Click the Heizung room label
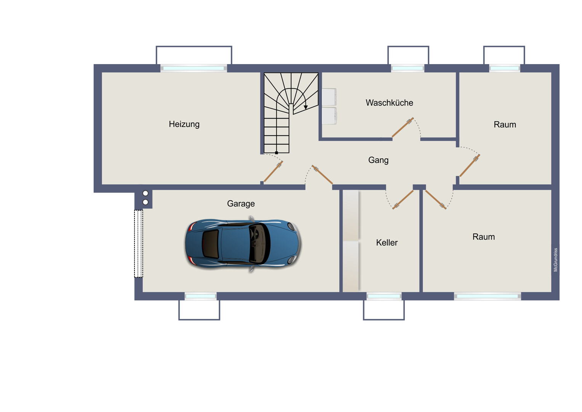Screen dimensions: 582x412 [x=184, y=124]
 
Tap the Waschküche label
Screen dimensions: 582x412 [x=389, y=103]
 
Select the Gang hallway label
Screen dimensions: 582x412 [x=378, y=160]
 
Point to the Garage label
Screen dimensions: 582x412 [x=241, y=204]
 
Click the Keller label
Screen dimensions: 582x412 [x=387, y=243]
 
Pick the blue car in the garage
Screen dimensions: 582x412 [x=243, y=244]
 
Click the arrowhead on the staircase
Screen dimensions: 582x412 [x=306, y=107]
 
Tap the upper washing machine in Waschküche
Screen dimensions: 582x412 [x=329, y=97]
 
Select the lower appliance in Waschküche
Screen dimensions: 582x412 [x=329, y=116]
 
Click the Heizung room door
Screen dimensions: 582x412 [x=273, y=172]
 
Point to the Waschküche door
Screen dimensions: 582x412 [x=403, y=127]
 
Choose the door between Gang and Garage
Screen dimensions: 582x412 [x=322, y=175]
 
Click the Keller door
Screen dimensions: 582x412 [x=403, y=200]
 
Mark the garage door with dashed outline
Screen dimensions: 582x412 [x=139, y=244]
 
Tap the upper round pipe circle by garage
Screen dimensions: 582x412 [x=145, y=193]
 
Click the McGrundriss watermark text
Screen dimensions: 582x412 [x=555, y=260]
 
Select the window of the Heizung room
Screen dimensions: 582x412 [x=193, y=68]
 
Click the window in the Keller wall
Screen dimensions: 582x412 [x=384, y=296]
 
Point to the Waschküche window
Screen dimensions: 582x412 [x=408, y=68]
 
